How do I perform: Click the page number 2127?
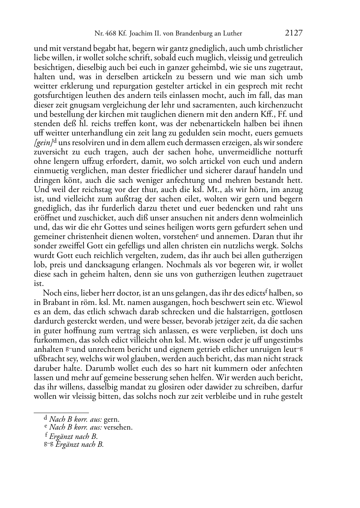coord(294,33)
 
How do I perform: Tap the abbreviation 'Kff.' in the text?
coord(270,114)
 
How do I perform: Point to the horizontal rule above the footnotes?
coord(61,413)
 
